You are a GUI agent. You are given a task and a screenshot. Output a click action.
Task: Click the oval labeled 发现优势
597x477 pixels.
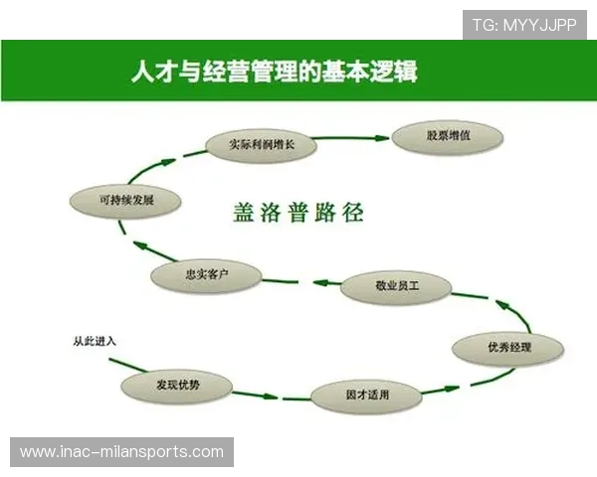coord(177,385)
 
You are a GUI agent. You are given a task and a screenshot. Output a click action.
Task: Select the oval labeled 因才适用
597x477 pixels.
coord(367,396)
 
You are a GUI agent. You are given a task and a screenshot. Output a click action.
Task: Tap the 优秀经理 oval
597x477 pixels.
coord(508,348)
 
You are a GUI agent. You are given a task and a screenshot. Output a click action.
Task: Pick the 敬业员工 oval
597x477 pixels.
coord(395,287)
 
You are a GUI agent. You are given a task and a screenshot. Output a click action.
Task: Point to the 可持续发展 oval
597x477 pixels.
coord(126,199)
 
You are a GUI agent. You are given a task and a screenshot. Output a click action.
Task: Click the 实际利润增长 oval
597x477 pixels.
coord(263,145)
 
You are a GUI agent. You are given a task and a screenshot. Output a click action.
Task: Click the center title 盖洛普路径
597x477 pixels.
coord(298,212)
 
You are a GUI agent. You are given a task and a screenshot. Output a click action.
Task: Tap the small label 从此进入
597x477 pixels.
coord(95,341)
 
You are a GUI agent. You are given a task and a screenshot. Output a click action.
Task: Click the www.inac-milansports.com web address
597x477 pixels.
coord(122,452)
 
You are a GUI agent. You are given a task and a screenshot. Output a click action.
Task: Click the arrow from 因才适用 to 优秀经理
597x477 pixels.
coord(447,384)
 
